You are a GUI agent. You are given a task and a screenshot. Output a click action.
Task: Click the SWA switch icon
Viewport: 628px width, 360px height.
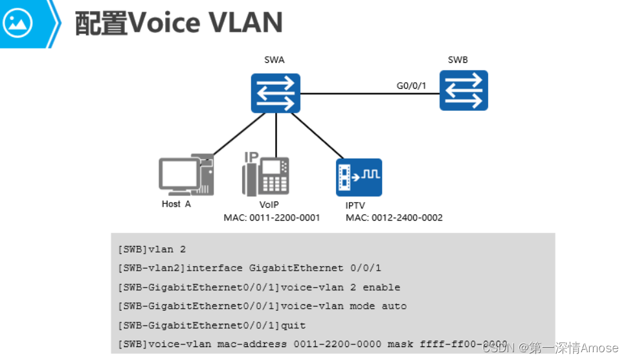[x=276, y=93]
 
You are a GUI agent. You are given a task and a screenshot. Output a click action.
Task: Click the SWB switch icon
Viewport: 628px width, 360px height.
[x=464, y=91]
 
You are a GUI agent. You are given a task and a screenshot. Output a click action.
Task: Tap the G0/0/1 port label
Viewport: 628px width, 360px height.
[x=411, y=85]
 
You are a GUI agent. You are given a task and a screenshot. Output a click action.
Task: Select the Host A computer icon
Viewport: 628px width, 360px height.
[x=185, y=175]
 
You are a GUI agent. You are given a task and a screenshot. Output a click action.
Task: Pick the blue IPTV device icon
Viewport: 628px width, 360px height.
[x=359, y=177]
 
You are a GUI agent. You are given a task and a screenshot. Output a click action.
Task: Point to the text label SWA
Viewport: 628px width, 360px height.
[x=275, y=60]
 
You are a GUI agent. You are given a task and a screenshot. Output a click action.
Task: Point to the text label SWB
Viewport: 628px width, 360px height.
[x=458, y=60]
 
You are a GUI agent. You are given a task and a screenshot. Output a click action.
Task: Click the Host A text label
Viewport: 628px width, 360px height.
[x=176, y=204]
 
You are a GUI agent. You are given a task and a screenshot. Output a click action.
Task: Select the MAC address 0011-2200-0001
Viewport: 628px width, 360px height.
[x=272, y=218]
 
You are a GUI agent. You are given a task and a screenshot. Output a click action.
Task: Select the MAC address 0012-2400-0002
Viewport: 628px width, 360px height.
[x=394, y=218]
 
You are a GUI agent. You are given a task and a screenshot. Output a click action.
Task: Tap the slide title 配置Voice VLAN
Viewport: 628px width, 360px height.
[x=179, y=23]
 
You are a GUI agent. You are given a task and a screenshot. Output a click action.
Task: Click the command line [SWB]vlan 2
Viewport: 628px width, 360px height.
[x=151, y=249]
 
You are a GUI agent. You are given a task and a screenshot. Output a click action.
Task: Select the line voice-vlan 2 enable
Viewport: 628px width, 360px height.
[x=259, y=287]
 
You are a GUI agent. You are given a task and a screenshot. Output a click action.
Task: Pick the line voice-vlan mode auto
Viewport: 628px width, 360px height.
[x=262, y=306]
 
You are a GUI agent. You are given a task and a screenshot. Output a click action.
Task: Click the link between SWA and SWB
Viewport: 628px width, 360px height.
[x=369, y=95]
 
